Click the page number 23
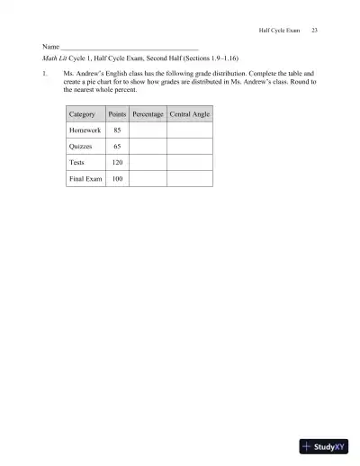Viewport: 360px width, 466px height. click(x=314, y=31)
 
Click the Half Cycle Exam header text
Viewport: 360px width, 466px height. click(x=276, y=31)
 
